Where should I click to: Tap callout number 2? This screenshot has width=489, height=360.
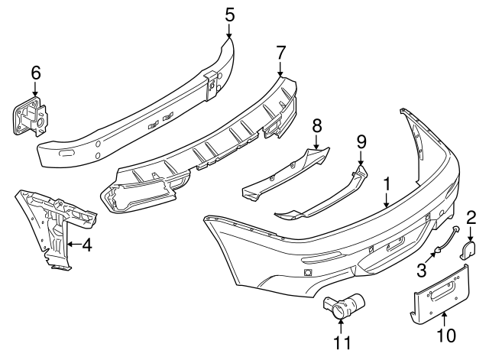[471, 217]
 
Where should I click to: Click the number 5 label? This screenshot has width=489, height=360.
[230, 13]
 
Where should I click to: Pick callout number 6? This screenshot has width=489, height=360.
[34, 73]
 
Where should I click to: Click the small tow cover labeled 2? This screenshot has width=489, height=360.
[470, 251]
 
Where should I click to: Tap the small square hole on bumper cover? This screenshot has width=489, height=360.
[307, 273]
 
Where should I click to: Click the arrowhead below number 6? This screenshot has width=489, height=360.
[34, 94]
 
